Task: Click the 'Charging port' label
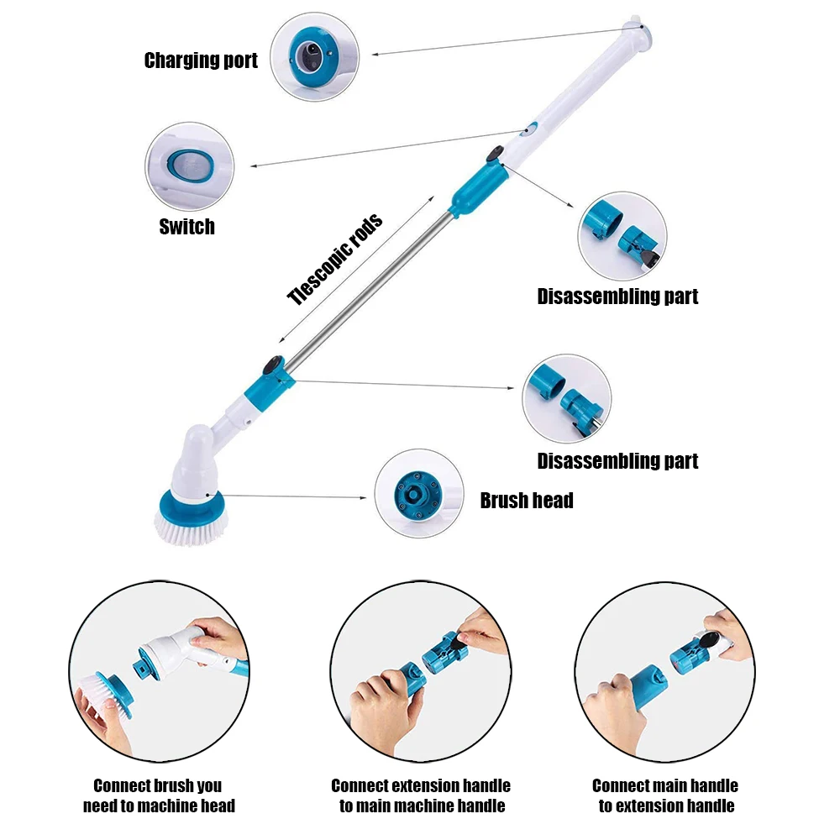(x=201, y=60)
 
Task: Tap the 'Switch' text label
(x=186, y=227)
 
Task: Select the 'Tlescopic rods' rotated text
(x=334, y=260)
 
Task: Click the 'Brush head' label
(x=527, y=501)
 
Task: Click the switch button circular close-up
(x=188, y=165)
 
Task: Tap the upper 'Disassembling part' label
(x=617, y=297)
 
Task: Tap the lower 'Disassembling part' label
(x=617, y=461)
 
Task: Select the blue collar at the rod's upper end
(x=475, y=190)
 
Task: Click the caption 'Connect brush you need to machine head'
(x=158, y=795)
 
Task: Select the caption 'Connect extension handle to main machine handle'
(x=421, y=795)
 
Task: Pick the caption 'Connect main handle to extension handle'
(x=665, y=795)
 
